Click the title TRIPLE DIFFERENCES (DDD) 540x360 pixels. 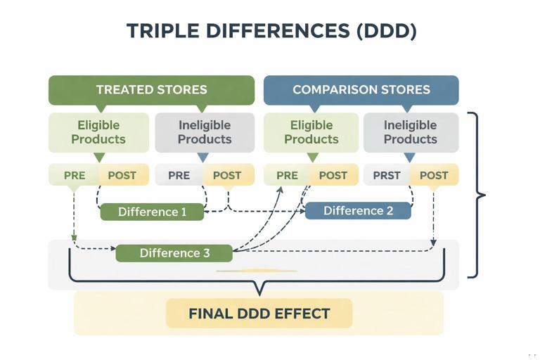[271, 32]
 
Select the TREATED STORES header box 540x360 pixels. [151, 90]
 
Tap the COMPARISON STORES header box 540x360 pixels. [361, 90]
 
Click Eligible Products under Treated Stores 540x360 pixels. [98, 132]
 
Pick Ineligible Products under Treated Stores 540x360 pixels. [204, 132]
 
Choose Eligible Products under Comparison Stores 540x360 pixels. [311, 132]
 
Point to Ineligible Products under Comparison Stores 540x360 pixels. [410, 132]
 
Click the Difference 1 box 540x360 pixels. [152, 212]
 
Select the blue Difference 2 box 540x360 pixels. [358, 210]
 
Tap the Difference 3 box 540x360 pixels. [174, 253]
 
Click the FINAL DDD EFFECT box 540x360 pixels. [259, 314]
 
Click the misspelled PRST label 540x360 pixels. [387, 175]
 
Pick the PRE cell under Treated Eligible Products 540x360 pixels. [75, 175]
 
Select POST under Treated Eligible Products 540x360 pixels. [122, 175]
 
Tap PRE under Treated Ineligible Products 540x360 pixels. [179, 175]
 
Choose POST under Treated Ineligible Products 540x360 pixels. [227, 175]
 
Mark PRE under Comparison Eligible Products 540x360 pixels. [287, 175]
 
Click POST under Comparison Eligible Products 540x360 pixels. [333, 175]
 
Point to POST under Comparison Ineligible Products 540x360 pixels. [434, 175]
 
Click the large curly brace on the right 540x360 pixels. [480, 195]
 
